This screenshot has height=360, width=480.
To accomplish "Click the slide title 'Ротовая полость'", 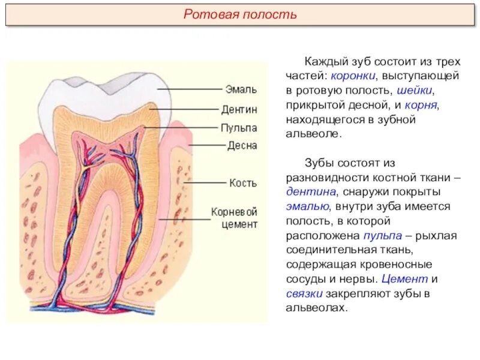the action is pyautogui.click(x=240, y=14).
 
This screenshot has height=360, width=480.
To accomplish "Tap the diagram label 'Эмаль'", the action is pyautogui.click(x=241, y=89).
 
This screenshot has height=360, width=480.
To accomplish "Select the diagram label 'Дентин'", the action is pyautogui.click(x=239, y=109).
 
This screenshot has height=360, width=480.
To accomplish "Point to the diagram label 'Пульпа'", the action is pyautogui.click(x=239, y=128).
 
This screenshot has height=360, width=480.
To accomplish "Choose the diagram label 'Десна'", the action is pyautogui.click(x=242, y=145).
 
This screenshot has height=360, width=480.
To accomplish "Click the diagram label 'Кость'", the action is pyautogui.click(x=242, y=182).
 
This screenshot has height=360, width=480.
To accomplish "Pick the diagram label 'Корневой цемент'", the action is pyautogui.click(x=234, y=218).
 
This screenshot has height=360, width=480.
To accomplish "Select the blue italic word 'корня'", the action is pyautogui.click(x=422, y=105).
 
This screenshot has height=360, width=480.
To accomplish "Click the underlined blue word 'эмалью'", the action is pyautogui.click(x=307, y=206).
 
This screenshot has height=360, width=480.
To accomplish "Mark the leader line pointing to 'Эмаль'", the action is pyautogui.click(x=191, y=89).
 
